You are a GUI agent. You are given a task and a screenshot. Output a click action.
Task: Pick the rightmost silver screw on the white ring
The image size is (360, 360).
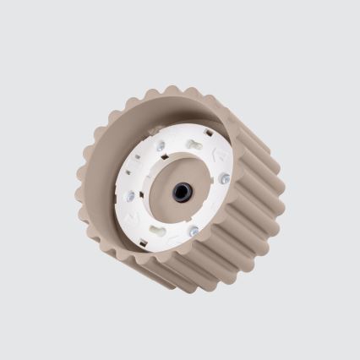tap(225, 178)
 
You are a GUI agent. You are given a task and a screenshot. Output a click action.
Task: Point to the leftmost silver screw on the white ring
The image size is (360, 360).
tap(129, 195)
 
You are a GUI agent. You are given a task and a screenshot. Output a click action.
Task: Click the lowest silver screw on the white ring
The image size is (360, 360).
tap(194, 231)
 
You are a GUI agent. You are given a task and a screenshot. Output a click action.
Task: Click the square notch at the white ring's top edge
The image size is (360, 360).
tap(209, 133)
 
